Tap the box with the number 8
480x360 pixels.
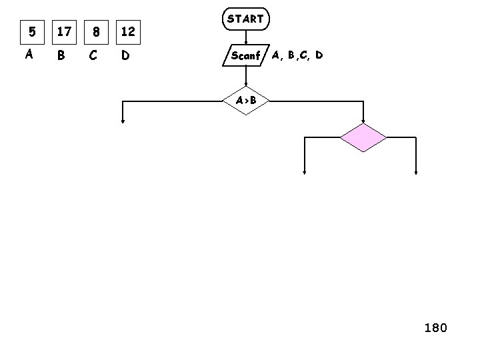[97, 31]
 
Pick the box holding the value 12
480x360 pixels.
[128, 31]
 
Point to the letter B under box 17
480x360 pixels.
[61, 56]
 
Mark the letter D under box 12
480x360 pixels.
[125, 56]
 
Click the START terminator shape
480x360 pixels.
[245, 20]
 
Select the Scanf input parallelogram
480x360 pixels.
[245, 55]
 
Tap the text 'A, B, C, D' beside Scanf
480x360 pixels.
[297, 55]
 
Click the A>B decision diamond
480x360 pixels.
[246, 101]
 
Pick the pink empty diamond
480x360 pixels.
[363, 138]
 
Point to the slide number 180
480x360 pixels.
[435, 328]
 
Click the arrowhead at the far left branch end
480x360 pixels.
[123, 121]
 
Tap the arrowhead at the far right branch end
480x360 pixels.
[417, 172]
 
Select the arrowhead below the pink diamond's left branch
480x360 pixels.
[305, 172]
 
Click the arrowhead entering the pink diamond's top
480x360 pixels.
[363, 121]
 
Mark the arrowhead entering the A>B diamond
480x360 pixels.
[246, 85]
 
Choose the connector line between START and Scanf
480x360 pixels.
[246, 37]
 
